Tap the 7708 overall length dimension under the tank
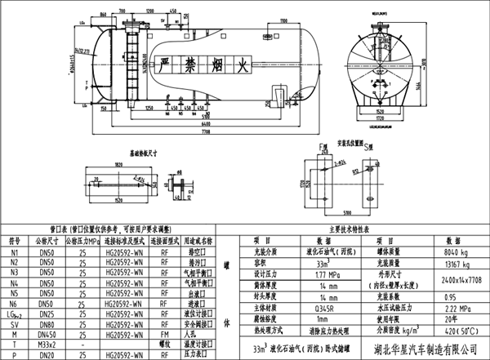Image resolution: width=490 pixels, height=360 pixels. [x=206, y=131]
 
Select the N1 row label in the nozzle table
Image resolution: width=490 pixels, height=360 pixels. [x=15, y=253]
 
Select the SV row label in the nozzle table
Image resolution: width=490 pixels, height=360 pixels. [x=15, y=322]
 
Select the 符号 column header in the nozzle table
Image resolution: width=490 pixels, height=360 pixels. [x=15, y=242]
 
